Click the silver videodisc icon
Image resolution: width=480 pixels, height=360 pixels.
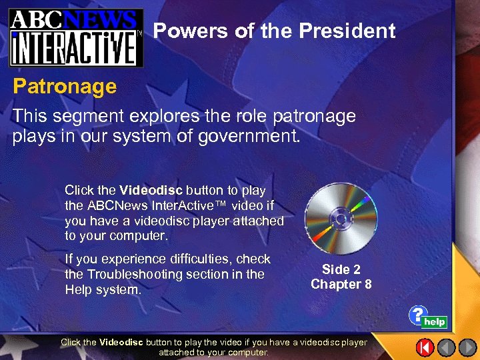(341, 219)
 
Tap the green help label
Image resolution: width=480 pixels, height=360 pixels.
(434, 322)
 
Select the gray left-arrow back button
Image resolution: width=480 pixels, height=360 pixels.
(446, 347)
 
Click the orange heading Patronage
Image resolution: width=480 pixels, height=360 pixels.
(65, 86)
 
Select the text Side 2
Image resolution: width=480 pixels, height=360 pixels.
(341, 269)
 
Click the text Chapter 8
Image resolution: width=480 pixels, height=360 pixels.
(341, 285)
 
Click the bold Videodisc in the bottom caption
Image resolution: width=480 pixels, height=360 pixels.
(121, 342)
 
